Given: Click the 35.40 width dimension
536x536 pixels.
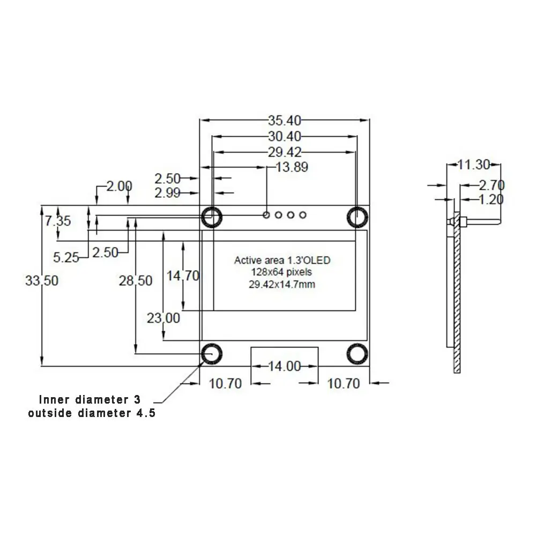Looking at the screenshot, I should [x=284, y=120].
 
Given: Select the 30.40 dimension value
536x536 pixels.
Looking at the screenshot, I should [x=284, y=136].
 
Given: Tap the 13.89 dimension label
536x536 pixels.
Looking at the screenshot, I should [x=292, y=167].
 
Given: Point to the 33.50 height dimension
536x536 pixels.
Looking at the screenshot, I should [x=42, y=280].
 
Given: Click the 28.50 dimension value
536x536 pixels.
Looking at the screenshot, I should [x=136, y=281].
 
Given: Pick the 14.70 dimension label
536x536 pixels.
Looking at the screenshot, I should [x=183, y=276].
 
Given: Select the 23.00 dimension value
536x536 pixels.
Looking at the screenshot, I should [x=163, y=318].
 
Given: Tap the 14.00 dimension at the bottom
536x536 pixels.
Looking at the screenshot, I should [x=284, y=366].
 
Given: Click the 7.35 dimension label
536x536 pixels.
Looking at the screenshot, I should [x=57, y=221].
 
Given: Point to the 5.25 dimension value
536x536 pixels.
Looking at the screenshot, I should [x=66, y=258].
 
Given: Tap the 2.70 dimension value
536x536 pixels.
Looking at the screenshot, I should [x=491, y=186].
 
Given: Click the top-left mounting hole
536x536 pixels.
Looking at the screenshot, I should [x=211, y=217].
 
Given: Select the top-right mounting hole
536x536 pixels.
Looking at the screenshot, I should [x=356, y=217].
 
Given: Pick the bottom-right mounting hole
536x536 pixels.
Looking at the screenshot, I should [x=356, y=354].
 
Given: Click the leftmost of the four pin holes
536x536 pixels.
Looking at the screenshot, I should [x=266, y=215].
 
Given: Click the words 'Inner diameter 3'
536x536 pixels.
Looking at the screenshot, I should [x=91, y=400].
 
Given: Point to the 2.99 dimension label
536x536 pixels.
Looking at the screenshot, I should [x=167, y=193].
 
